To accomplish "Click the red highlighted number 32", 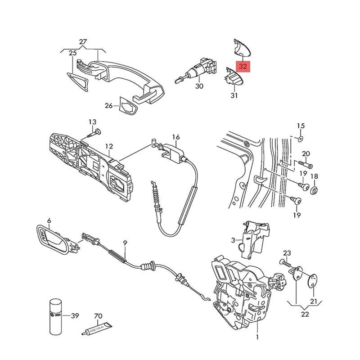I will pyautogui.click(x=243, y=66).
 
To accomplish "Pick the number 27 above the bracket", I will pyautogui.click(x=83, y=43).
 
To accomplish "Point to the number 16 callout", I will pyautogui.click(x=175, y=137).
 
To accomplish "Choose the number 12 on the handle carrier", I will pyautogui.click(x=109, y=146).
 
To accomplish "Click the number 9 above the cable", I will pyautogui.click(x=125, y=243).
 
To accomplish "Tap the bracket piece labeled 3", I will pyautogui.click(x=254, y=238).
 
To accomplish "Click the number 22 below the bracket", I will pyautogui.click(x=305, y=314).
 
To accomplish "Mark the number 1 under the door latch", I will pyautogui.click(x=257, y=336).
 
